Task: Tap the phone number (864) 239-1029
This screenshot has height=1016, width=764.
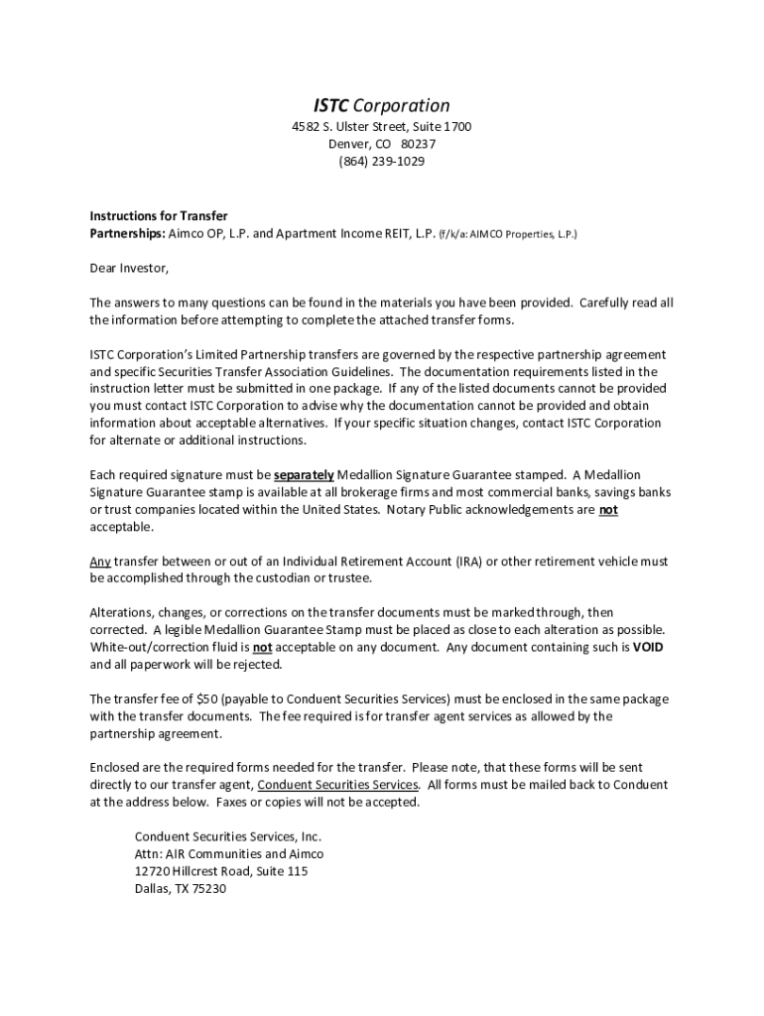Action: pyautogui.click(x=381, y=161)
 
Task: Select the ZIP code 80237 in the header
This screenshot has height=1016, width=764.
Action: pyautogui.click(x=418, y=144)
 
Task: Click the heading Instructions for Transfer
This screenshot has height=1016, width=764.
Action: pyautogui.click(x=159, y=216)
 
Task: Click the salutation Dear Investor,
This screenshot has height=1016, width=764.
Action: pyautogui.click(x=130, y=268)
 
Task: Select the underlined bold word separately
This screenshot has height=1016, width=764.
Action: pyautogui.click(x=304, y=474)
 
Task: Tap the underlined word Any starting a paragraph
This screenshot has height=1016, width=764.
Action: pyautogui.click(x=100, y=562)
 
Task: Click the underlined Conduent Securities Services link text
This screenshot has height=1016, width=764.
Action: pyautogui.click(x=337, y=785)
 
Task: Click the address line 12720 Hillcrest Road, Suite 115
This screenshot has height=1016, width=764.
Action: pyautogui.click(x=221, y=871)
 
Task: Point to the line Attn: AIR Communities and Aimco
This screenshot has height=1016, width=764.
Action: pyautogui.click(x=229, y=853)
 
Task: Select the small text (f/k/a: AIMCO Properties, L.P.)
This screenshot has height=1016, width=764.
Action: pyautogui.click(x=509, y=234)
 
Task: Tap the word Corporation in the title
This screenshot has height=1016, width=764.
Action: pyautogui.click(x=402, y=106)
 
